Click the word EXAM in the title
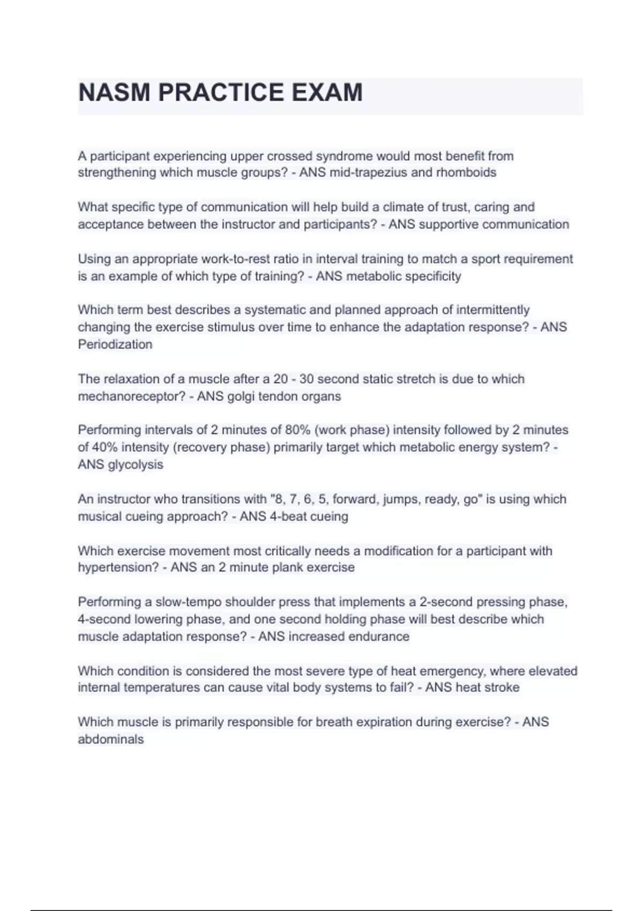(327, 92)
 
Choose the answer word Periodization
(115, 344)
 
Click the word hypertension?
(117, 567)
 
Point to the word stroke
(502, 688)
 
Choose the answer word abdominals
(111, 740)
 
